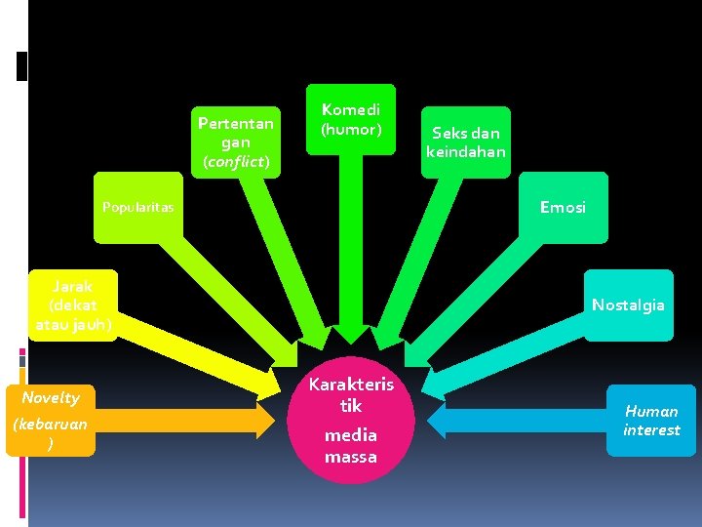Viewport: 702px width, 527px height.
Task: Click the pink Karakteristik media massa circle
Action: click(350, 421)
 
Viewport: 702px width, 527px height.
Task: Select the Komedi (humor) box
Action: click(351, 119)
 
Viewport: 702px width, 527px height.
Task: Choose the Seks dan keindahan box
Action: click(466, 142)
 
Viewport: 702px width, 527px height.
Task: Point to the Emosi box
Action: click(563, 207)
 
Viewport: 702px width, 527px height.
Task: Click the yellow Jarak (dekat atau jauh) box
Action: click(74, 304)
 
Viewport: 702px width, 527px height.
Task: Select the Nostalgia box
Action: click(628, 304)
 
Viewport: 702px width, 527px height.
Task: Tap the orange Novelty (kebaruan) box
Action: click(51, 420)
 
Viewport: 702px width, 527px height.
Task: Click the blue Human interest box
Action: click(651, 420)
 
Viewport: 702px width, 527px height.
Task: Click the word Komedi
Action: click(351, 110)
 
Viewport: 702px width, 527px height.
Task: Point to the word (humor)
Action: click(351, 129)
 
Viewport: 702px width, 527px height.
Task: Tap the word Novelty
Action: click(51, 397)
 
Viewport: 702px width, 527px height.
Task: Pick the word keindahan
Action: click(466, 152)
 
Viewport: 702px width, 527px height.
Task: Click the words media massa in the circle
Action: click(350, 445)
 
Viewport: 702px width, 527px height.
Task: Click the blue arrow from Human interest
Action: click(517, 420)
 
